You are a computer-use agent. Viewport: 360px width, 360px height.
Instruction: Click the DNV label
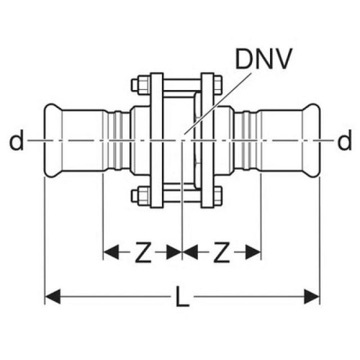tap(264, 60)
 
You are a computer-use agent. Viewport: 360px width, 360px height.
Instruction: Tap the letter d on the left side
tap(17, 142)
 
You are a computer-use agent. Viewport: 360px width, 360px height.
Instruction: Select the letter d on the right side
tap(344, 142)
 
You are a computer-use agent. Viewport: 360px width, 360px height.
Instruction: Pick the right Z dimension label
tap(222, 254)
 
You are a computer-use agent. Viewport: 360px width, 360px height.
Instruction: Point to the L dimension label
tap(181, 297)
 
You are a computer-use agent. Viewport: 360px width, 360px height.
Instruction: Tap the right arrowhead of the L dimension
tap(312, 296)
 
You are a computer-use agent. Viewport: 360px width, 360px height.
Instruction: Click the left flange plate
tap(156, 141)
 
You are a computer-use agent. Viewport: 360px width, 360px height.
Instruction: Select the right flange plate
tap(207, 141)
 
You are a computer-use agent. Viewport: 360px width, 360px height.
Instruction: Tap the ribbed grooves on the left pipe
tap(117, 141)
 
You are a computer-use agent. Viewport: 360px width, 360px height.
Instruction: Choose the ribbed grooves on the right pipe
tap(245, 141)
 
